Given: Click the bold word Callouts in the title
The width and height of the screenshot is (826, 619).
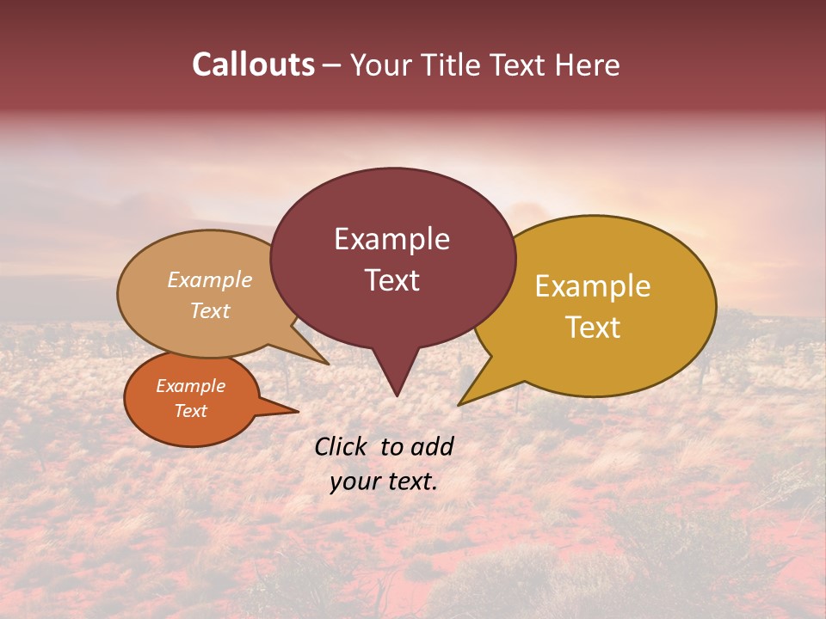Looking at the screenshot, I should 253,64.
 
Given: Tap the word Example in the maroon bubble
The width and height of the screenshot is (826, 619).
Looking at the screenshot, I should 391,239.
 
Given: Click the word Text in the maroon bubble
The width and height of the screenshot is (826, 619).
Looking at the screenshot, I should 391,280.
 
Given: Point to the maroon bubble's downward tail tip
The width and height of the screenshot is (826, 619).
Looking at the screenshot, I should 397,395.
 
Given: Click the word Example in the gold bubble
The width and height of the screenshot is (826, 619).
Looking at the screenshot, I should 593,286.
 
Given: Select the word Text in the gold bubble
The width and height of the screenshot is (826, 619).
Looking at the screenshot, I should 593,328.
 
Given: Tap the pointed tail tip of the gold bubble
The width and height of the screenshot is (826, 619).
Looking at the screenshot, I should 459,404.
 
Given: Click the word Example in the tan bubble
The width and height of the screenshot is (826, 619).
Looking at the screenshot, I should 209,279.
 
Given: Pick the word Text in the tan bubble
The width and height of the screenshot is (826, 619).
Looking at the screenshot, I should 209,310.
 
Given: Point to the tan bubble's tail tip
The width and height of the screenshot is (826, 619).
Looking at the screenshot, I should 328,364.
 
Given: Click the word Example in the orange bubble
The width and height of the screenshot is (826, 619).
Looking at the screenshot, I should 190,386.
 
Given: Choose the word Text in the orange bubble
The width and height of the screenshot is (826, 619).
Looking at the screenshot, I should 190,411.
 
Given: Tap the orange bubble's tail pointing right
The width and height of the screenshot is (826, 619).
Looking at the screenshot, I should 298,411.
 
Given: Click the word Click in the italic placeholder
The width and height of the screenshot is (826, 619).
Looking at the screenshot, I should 342,446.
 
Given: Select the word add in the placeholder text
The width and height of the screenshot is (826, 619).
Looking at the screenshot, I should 432,446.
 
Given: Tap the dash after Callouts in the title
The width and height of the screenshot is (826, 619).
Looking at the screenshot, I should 332,65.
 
